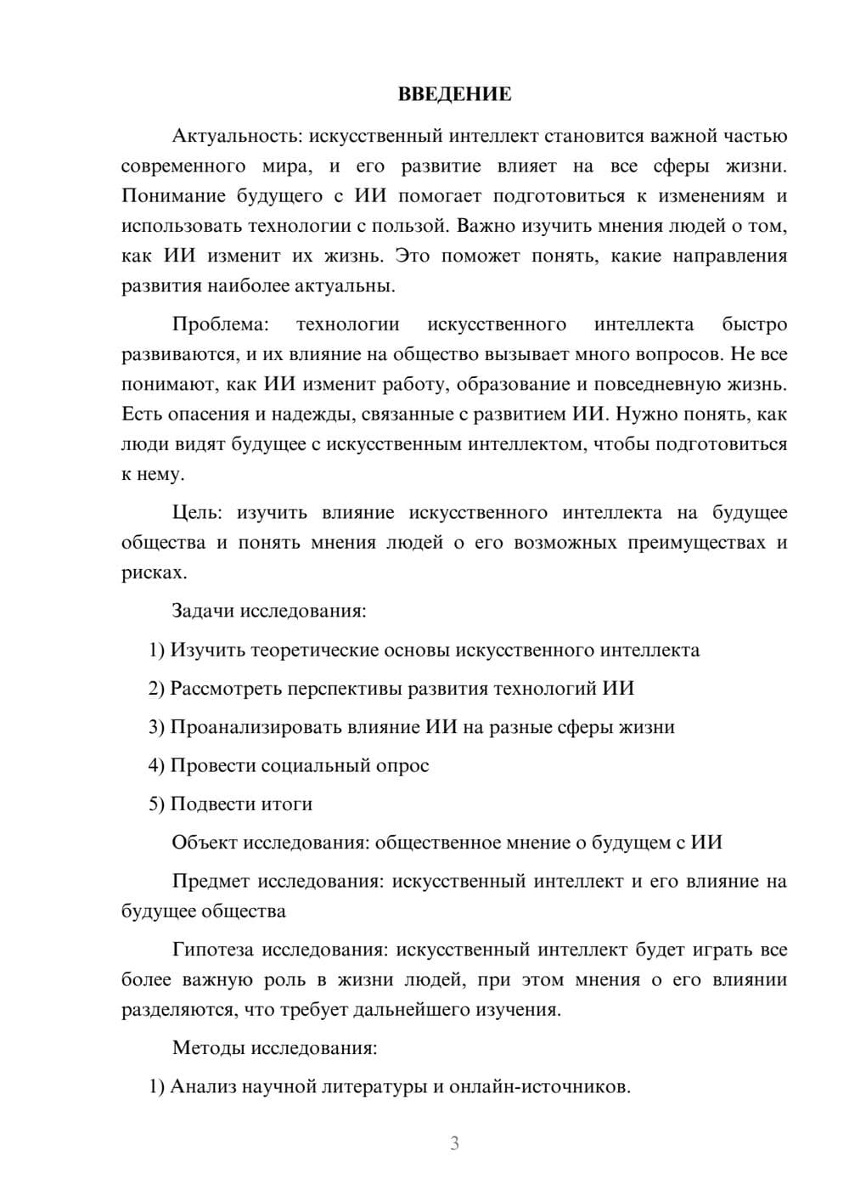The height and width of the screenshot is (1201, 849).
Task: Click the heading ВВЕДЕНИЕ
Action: pos(454,94)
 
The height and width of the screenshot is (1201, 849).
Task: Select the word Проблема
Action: pos(220,324)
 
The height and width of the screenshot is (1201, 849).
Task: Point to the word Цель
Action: pos(197,512)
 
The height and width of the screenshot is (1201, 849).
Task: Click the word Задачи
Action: pos(203,611)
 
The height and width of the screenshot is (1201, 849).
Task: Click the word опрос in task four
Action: pos(402,765)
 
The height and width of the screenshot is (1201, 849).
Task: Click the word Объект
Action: pos(205,843)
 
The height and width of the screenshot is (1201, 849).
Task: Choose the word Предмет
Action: pos(211,881)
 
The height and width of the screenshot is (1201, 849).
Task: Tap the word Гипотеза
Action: pos(214,950)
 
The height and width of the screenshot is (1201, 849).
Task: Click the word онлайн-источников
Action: pos(539,1086)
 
